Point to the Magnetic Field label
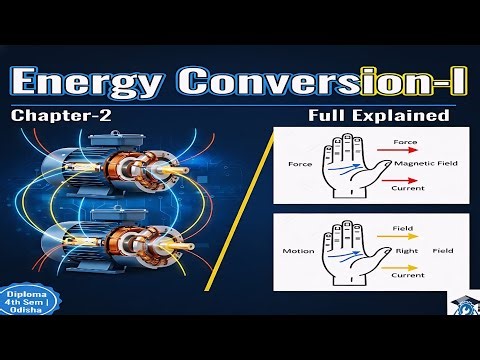(x=425, y=162)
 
